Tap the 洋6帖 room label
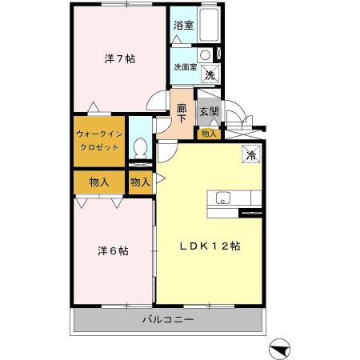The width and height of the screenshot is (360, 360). tap(113, 250)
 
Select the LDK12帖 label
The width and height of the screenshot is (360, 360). tap(210, 246)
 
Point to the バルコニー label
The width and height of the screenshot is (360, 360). tap(168, 320)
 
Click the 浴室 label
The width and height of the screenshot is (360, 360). tap(182, 25)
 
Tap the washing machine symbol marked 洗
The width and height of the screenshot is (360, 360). tap(210, 74)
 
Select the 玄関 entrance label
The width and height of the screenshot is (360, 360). tap(208, 111)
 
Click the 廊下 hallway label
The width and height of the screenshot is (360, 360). tap(182, 112)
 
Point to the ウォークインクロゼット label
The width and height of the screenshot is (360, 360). tap(98, 142)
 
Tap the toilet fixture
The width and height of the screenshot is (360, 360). tap(140, 148)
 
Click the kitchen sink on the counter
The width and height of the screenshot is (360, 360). tap(222, 198)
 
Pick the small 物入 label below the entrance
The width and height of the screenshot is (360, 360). tap(208, 134)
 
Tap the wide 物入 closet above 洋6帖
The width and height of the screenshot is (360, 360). tap(99, 182)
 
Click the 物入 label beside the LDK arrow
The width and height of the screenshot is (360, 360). tap(140, 182)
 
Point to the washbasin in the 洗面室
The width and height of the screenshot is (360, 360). tap(205, 55)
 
